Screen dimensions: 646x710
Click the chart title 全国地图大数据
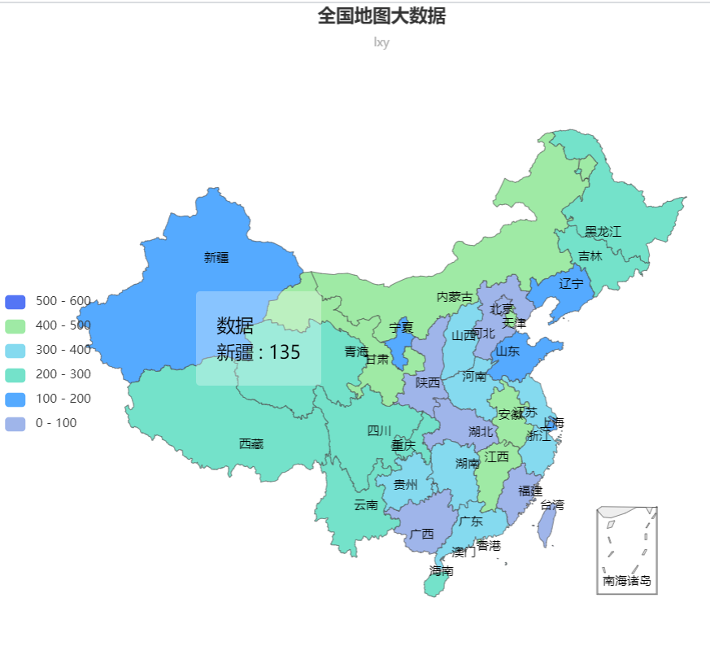(381, 15)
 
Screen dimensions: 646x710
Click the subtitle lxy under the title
(381, 42)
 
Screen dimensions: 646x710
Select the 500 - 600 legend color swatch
(15, 301)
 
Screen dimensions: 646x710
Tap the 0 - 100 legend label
(63, 423)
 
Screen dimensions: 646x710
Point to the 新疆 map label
(216, 258)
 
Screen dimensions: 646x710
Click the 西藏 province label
(250, 443)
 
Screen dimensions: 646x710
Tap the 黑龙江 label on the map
(603, 232)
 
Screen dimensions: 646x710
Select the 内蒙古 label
(454, 297)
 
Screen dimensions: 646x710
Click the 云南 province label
(365, 505)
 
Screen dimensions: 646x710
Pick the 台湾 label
(551, 505)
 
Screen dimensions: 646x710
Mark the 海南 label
(441, 571)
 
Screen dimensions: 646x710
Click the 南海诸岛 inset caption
(626, 581)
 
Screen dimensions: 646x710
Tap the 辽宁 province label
(571, 284)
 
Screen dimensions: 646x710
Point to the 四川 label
(379, 430)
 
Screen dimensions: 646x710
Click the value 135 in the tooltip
(285, 352)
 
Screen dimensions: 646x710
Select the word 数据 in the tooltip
(235, 326)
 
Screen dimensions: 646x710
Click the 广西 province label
(421, 535)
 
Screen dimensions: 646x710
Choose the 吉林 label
(590, 256)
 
